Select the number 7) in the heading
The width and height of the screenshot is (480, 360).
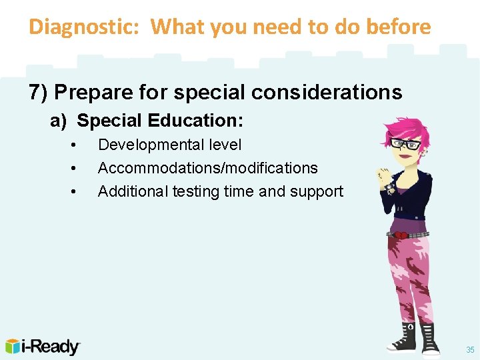[x=39, y=92]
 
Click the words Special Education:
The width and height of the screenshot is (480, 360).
[x=160, y=121]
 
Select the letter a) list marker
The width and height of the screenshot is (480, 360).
[x=59, y=121]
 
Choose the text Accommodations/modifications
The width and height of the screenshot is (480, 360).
[x=207, y=168]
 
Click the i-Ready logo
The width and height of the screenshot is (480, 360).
[x=43, y=347]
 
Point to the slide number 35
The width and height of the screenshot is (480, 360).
[x=470, y=349]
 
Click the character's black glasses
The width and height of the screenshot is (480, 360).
[x=405, y=143]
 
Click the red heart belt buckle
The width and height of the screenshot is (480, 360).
[x=401, y=235]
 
